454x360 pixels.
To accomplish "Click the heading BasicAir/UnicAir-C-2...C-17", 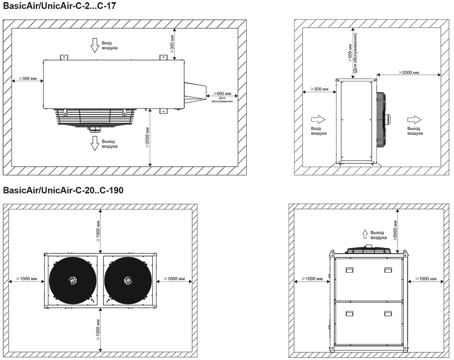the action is [60, 6].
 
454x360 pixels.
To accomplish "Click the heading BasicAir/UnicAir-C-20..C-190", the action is [63, 190].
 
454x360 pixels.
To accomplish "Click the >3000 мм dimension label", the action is [395, 230].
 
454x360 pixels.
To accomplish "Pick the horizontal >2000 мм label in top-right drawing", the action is [409, 72].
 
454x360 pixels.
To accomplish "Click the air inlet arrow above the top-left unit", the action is [94, 45].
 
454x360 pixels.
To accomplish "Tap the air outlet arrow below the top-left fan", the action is [94, 143].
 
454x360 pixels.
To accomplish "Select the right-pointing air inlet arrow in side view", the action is [318, 120].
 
